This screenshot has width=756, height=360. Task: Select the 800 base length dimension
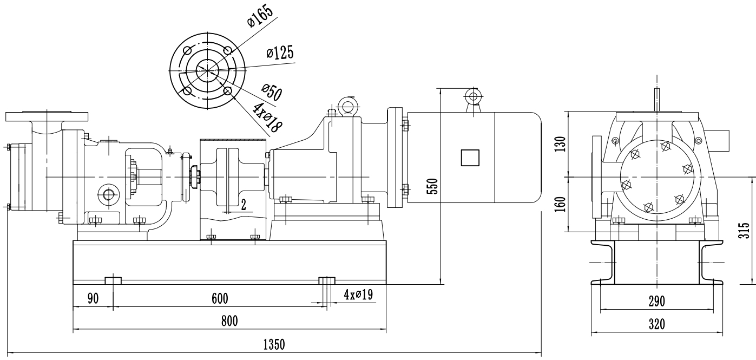(x=229, y=320)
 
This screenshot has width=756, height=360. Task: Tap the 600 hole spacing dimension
(x=220, y=298)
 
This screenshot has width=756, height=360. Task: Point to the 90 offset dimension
(x=93, y=298)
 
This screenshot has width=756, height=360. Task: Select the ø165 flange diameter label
(x=260, y=14)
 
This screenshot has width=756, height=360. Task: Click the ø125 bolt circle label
(x=280, y=53)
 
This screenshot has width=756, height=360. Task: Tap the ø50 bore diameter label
(x=271, y=93)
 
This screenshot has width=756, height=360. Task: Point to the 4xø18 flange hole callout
(x=268, y=117)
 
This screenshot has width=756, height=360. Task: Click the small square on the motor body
(x=469, y=158)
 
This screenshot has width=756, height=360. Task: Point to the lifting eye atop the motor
(x=474, y=97)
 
